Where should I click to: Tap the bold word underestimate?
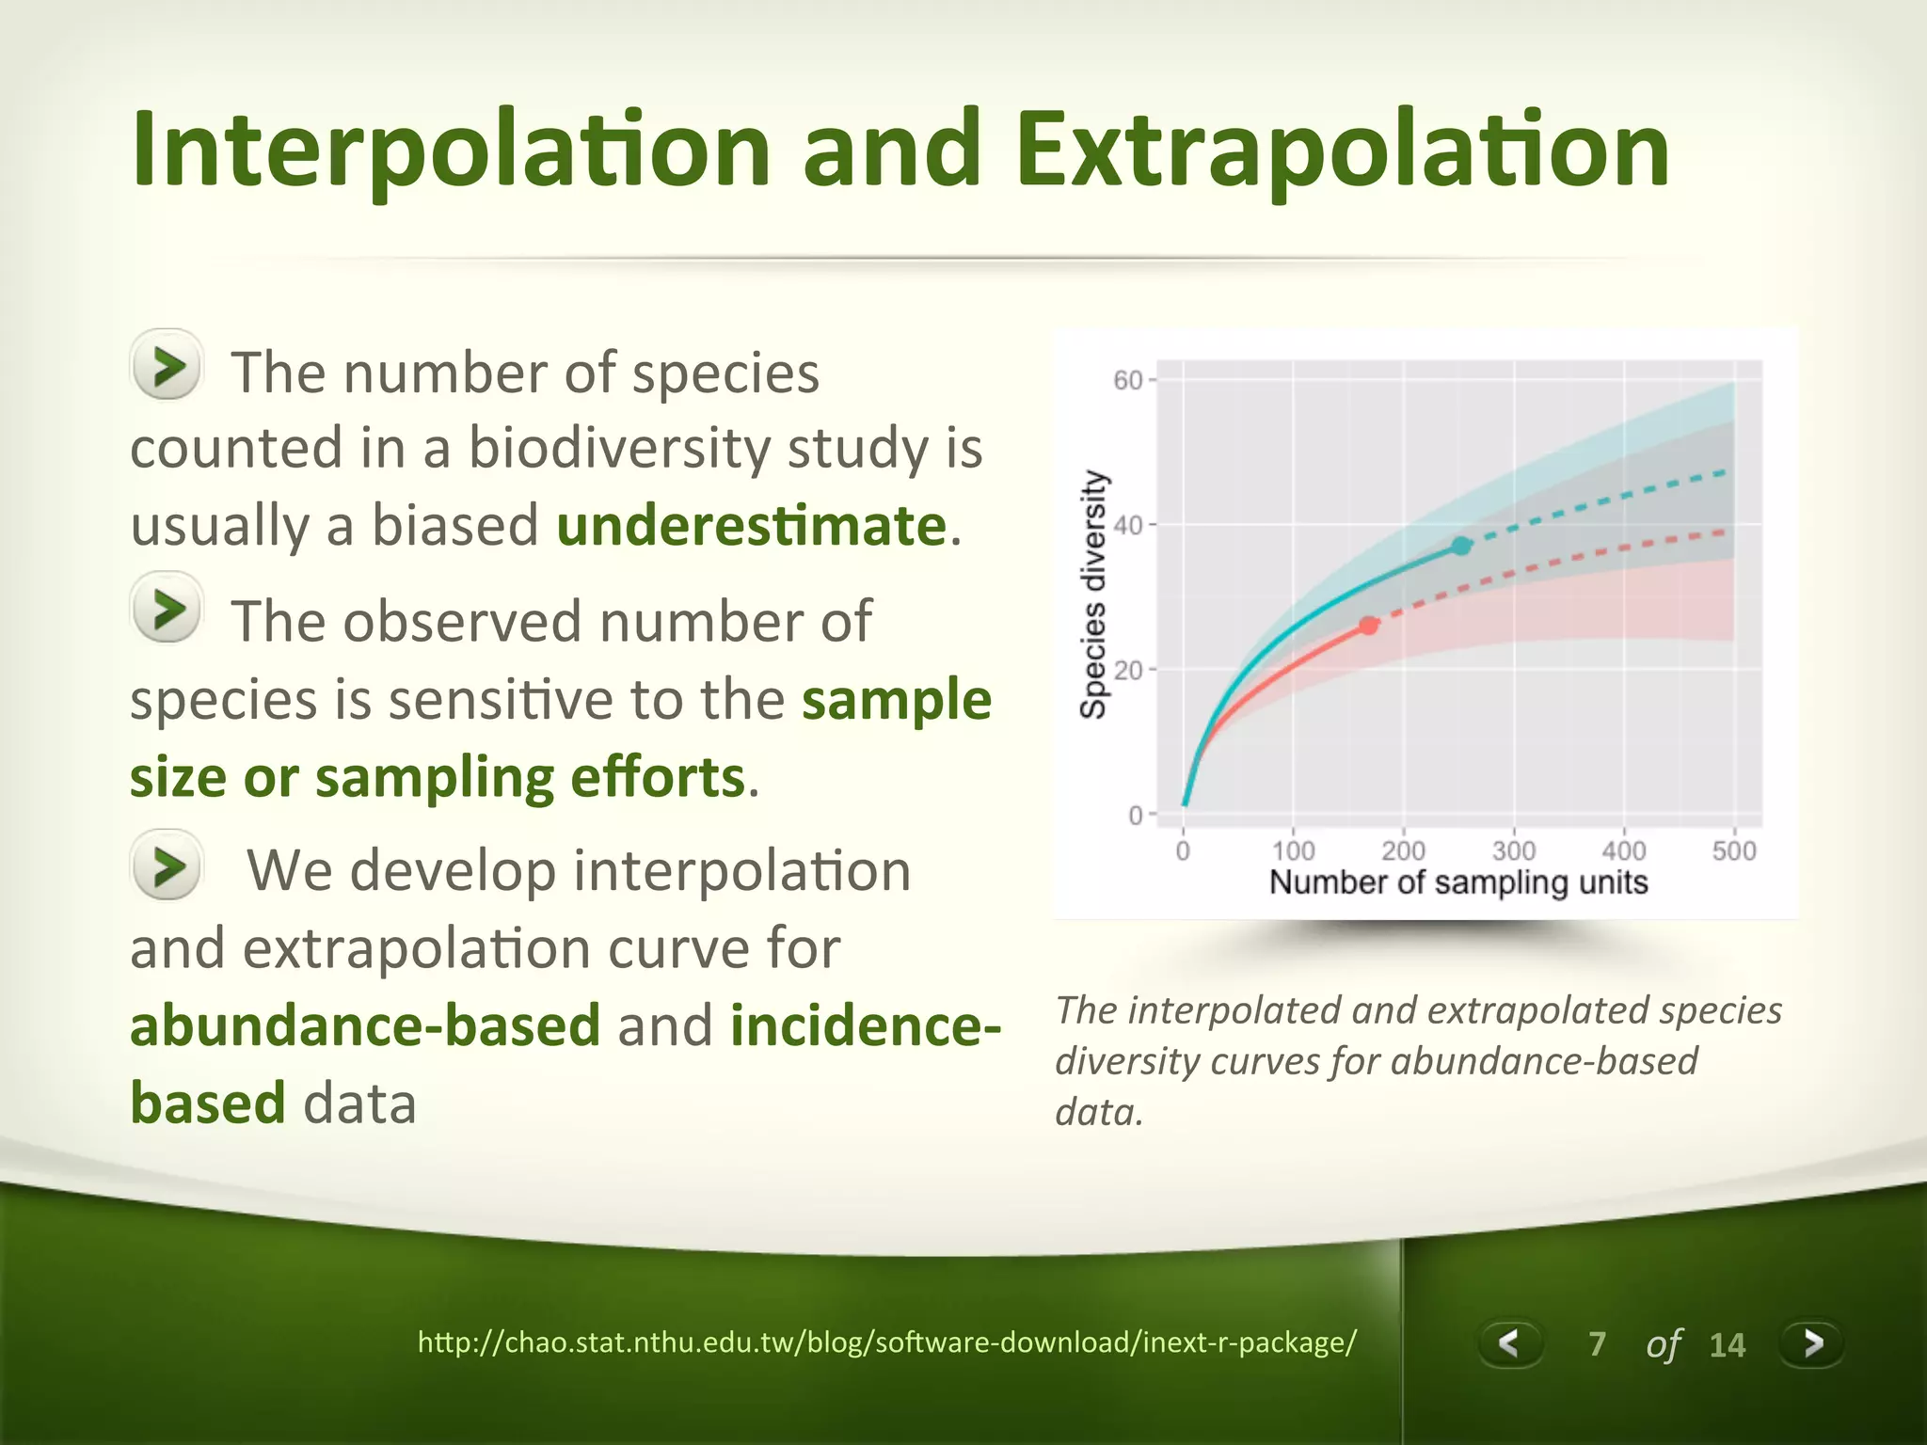[751, 525]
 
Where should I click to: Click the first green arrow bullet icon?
[167, 365]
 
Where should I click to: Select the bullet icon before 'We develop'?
[167, 865]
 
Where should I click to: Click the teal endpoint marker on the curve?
[1460, 546]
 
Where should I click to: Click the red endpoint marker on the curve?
[1369, 626]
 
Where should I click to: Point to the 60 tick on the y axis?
[1127, 380]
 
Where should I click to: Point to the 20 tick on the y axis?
[1127, 671]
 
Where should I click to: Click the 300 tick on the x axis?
[1513, 850]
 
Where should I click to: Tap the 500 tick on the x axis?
[1733, 850]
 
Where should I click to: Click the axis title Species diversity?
[1092, 595]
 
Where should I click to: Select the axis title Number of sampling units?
[1458, 882]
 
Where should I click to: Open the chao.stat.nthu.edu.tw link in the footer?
[886, 1342]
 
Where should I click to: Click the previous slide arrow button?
[1509, 1342]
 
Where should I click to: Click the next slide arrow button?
[1811, 1342]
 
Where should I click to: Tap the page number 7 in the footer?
[1597, 1344]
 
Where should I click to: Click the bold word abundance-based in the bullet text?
[365, 1025]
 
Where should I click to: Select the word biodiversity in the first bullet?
[619, 448]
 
